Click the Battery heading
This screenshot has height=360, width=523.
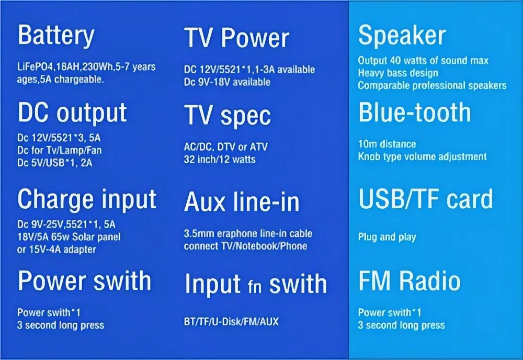pos(56,36)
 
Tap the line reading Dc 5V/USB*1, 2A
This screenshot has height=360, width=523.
pos(55,163)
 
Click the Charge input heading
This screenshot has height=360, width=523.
pos(87,199)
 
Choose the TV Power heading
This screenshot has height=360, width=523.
pos(236,39)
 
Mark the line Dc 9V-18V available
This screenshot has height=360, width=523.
pos(227,82)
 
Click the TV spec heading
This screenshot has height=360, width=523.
pos(227,116)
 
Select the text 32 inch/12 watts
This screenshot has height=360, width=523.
pos(220,159)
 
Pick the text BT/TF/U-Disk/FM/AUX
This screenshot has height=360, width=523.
pos(231,322)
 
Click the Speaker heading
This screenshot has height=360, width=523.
pos(402,36)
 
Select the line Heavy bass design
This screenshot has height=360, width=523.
pos(398,73)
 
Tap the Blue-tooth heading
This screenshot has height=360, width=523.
pos(414,113)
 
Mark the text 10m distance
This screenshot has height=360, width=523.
pos(387,144)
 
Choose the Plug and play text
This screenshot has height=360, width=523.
pos(387,237)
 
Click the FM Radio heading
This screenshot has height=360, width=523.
pos(409,281)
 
